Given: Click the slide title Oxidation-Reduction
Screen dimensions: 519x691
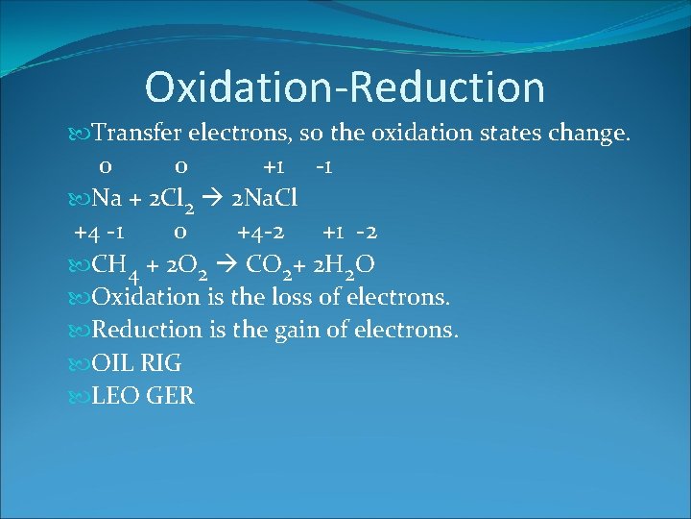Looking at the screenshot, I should point(345,86).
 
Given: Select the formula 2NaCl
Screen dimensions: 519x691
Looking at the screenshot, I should point(265,199).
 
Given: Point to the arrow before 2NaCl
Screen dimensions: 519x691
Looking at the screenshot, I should point(218,199).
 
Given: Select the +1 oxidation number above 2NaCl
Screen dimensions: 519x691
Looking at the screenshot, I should point(277,166).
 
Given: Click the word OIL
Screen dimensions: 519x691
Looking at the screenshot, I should point(113,363).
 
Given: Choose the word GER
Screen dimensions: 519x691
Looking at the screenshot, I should point(171,396).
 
